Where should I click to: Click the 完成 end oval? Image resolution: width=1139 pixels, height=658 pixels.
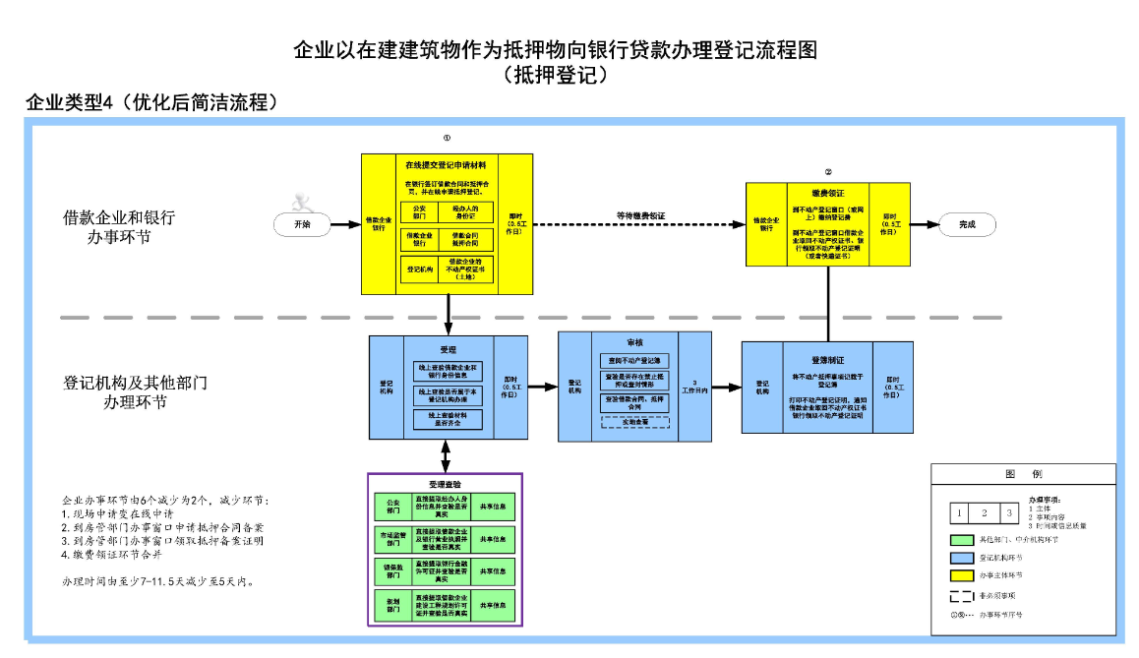click(967, 224)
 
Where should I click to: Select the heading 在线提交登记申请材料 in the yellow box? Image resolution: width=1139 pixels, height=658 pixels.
click(447, 164)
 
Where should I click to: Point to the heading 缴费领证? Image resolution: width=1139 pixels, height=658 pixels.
click(827, 193)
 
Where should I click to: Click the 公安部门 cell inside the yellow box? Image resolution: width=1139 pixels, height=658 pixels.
click(419, 212)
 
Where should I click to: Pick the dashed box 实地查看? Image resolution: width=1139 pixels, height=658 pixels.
click(634, 422)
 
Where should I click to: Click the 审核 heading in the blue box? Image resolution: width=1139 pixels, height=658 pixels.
click(634, 343)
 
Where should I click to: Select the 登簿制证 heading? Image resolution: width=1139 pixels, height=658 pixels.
click(827, 360)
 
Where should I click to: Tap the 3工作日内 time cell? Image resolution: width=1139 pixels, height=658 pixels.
click(694, 387)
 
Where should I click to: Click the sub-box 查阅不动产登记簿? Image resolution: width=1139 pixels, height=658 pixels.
click(634, 360)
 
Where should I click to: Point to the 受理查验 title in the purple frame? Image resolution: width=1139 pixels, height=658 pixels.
click(445, 484)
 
